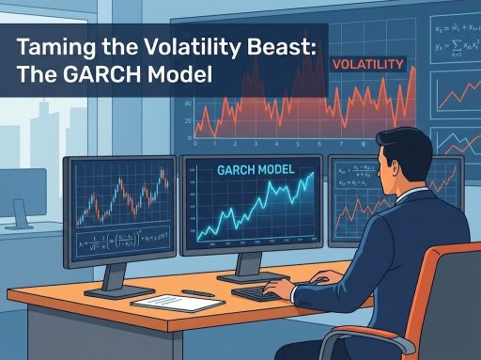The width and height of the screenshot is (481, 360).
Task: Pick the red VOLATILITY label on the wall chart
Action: pos(368,64)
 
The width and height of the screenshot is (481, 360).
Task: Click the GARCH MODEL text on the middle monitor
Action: pos(254,173)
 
